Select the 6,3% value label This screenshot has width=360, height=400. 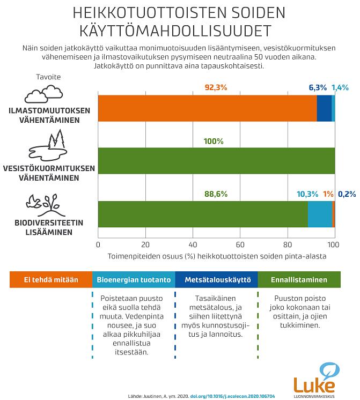318,87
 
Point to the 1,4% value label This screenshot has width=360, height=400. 340,87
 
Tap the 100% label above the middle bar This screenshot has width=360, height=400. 214,142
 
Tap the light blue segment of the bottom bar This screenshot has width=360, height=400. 320,214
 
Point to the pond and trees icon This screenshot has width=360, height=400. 48,146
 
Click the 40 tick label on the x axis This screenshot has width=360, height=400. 193,245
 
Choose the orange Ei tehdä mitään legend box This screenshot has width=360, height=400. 51,279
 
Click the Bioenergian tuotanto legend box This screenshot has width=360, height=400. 134,279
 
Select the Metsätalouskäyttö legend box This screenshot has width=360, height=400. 216,279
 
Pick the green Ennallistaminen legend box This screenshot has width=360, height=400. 299,279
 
